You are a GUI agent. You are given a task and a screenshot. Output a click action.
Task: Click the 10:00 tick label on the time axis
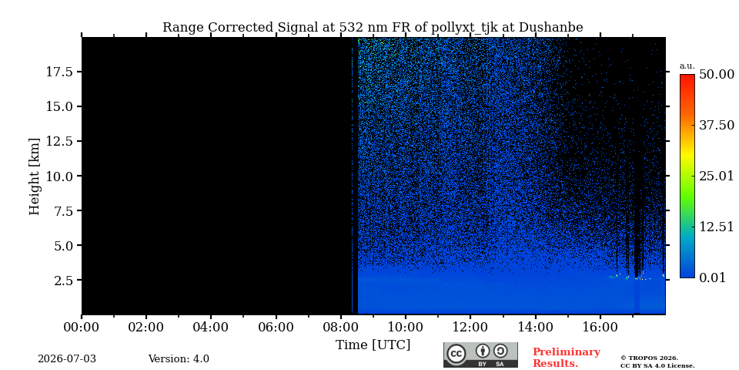(405, 327)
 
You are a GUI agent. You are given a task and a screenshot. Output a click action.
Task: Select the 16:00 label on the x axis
(600, 327)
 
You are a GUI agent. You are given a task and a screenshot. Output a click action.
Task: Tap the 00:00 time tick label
(82, 327)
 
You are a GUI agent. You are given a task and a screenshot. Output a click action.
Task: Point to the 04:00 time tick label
(211, 327)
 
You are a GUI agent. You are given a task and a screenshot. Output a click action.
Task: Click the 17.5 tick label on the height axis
(59, 72)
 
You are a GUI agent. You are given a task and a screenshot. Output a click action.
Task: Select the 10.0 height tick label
(59, 176)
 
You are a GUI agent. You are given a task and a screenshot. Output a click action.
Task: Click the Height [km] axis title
(35, 177)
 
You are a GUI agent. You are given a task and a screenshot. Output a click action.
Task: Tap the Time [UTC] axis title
(373, 345)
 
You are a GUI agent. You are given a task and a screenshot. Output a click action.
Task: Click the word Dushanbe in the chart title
(551, 28)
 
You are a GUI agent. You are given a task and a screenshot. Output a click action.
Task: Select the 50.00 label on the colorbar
(717, 75)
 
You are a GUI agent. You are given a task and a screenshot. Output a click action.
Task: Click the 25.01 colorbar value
(717, 177)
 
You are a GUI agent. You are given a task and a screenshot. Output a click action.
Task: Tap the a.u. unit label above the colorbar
(687, 66)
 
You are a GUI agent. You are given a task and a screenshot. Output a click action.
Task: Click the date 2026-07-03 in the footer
(67, 359)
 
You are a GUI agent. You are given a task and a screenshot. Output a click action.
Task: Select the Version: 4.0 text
(179, 359)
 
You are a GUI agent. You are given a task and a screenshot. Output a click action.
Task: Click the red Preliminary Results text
(567, 358)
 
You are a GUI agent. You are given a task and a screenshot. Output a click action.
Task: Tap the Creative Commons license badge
(480, 355)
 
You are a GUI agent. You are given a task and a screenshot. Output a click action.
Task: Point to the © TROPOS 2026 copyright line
(649, 358)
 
